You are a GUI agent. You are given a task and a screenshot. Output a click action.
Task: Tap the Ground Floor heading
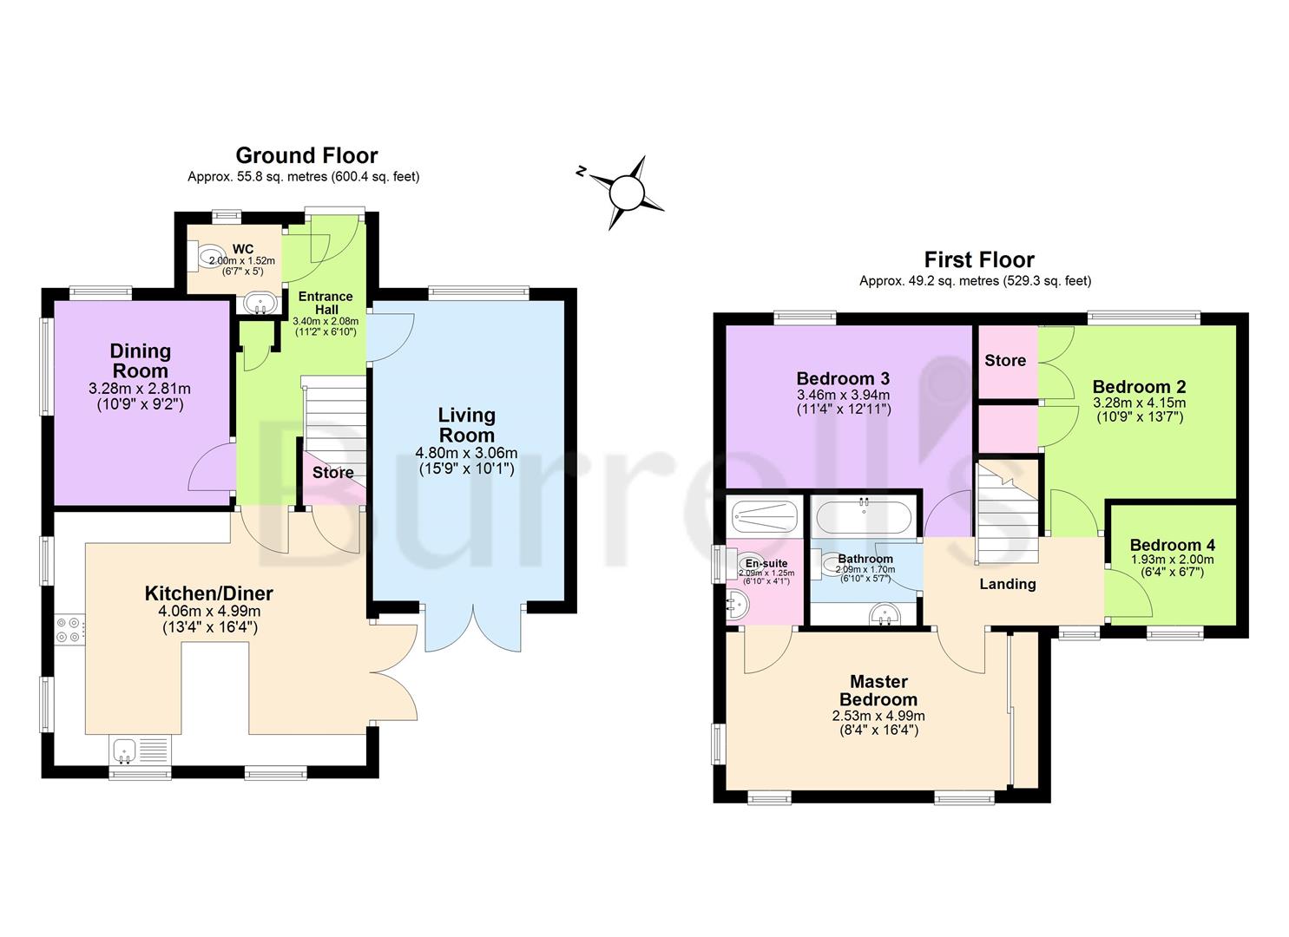(x=306, y=155)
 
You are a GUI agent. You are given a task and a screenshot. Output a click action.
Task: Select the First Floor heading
(x=979, y=259)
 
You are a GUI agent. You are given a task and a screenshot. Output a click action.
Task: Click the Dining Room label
(x=140, y=361)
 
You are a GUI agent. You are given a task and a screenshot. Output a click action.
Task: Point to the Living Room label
(x=466, y=425)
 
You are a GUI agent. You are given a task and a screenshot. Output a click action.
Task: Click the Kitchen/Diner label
(x=208, y=593)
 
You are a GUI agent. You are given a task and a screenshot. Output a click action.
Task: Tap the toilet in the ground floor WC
(x=208, y=256)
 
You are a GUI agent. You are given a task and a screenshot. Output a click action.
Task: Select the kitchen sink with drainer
(x=141, y=750)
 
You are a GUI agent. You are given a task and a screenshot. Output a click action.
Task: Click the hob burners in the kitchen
(x=70, y=629)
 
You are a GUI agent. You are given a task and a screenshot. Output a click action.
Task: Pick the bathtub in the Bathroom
(x=862, y=518)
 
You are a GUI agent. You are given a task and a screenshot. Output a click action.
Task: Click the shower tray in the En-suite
(x=763, y=518)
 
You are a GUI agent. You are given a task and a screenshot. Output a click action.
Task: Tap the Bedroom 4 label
(x=1172, y=545)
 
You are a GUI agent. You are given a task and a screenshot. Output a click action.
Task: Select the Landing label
(x=1007, y=584)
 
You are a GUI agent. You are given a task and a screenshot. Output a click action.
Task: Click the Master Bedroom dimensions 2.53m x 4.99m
(x=878, y=716)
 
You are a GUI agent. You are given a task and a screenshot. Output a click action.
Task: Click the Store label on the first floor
(x=1005, y=360)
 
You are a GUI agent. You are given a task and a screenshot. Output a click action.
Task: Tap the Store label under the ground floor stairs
(x=332, y=472)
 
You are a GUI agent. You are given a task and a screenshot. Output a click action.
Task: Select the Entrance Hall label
(x=326, y=303)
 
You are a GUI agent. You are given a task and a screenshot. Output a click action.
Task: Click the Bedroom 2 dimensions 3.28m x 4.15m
(x=1139, y=403)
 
